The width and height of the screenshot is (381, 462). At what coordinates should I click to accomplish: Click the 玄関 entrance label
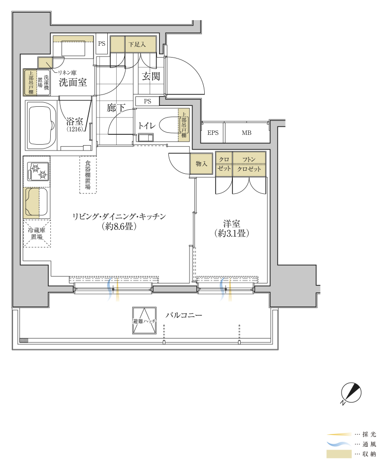pyautogui.click(x=151, y=76)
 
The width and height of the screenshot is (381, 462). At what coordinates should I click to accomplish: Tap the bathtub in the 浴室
pyautogui.click(x=41, y=125)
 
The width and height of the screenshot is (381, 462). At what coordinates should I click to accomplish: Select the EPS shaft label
pyautogui.click(x=213, y=133)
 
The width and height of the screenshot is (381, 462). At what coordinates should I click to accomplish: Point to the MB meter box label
pyautogui.click(x=247, y=133)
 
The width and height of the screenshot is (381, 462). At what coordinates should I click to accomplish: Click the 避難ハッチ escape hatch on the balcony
pyautogui.click(x=144, y=321)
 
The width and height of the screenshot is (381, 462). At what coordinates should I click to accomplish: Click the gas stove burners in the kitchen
pyautogui.click(x=38, y=172)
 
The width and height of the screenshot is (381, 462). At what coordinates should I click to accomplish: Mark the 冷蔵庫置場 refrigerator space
pyautogui.click(x=36, y=234)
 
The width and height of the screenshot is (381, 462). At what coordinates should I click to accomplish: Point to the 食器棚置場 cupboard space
pyautogui.click(x=88, y=175)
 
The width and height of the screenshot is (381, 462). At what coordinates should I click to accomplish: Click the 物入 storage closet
pyautogui.click(x=201, y=163)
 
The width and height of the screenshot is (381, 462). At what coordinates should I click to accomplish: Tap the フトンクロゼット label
pyautogui.click(x=249, y=164)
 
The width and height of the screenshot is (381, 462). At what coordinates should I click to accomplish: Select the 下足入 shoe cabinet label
pyautogui.click(x=137, y=44)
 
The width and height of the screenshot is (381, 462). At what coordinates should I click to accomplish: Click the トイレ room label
pyautogui.click(x=147, y=126)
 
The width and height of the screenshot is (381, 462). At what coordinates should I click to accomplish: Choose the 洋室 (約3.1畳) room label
pyautogui.click(x=232, y=228)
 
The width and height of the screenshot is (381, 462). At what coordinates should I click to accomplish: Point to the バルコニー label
pyautogui.click(x=184, y=315)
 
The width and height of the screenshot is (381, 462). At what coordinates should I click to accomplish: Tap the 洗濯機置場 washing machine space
pyautogui.click(x=43, y=83)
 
